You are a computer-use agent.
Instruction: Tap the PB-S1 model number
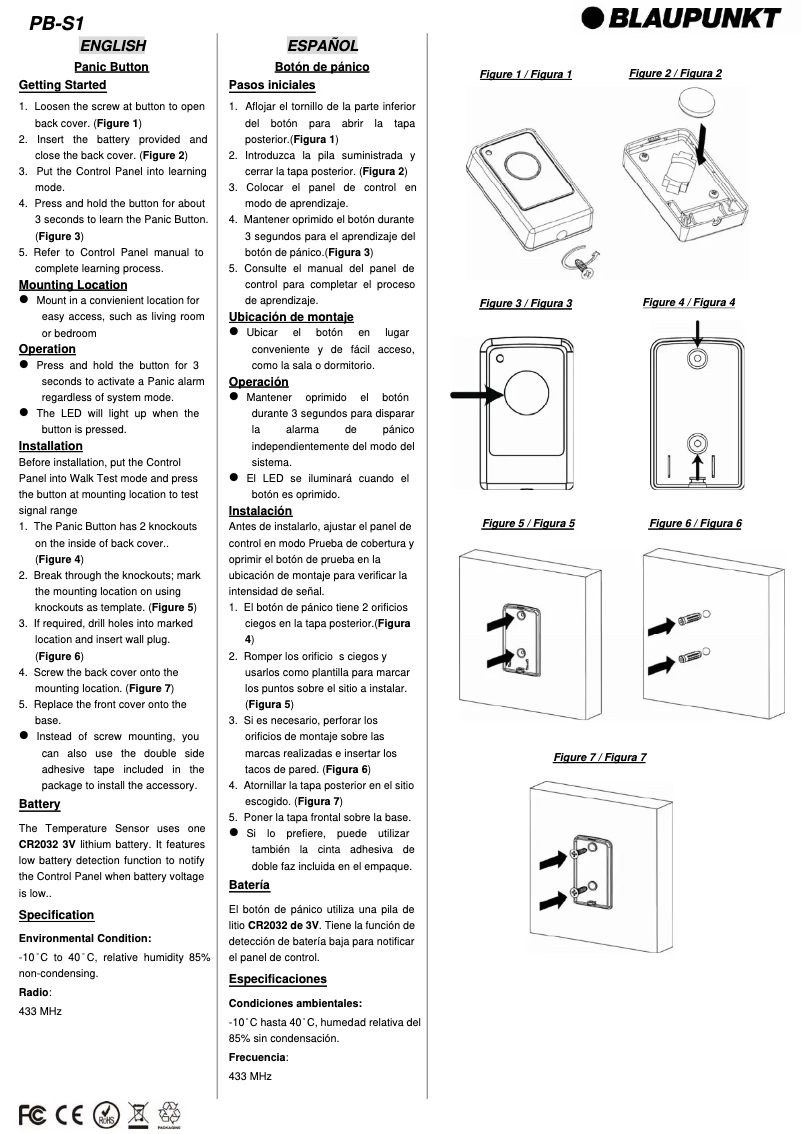(55, 21)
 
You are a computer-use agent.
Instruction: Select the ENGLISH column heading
(113, 45)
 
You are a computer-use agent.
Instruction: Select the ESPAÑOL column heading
(322, 45)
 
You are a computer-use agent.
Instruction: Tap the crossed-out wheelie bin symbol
(138, 1112)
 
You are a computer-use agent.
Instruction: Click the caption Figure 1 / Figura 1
(526, 75)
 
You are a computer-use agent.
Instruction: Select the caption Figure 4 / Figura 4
(689, 302)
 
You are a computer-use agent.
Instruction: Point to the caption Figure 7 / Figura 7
(600, 757)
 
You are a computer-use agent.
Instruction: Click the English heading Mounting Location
(73, 285)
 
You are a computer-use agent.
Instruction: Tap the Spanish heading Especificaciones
(278, 979)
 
